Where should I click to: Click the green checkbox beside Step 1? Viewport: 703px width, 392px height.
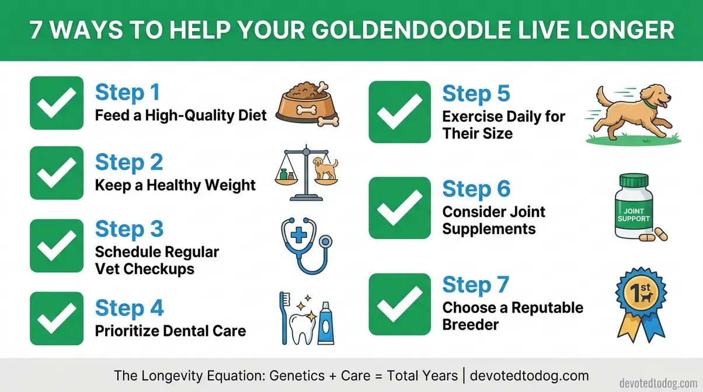pyautogui.click(x=57, y=103)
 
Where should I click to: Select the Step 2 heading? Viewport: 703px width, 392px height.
pyautogui.click(x=128, y=162)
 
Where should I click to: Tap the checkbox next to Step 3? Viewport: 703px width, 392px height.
pyautogui.click(x=57, y=246)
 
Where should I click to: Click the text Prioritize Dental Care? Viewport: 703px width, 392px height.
pyautogui.click(x=170, y=331)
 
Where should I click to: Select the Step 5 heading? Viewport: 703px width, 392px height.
pyautogui.click(x=476, y=93)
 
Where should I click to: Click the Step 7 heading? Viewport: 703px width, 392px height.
pyautogui.click(x=476, y=285)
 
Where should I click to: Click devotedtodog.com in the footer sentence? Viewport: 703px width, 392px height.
pyautogui.click(x=528, y=374)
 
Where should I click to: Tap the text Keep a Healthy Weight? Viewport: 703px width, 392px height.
pyautogui.click(x=175, y=185)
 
